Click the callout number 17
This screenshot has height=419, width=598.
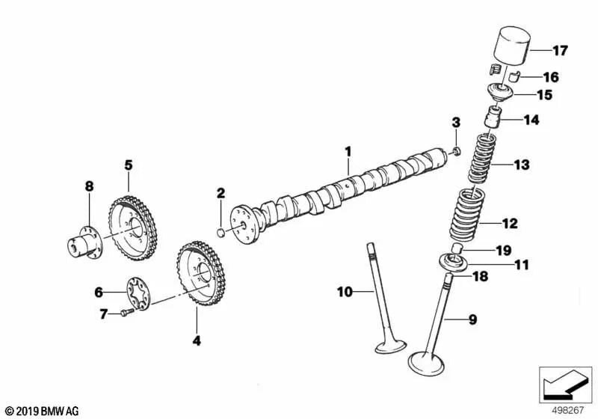click(560, 51)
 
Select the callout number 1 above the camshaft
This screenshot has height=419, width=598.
click(348, 151)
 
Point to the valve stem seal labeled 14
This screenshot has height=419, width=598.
click(493, 118)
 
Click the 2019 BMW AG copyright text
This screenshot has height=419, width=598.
click(41, 411)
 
